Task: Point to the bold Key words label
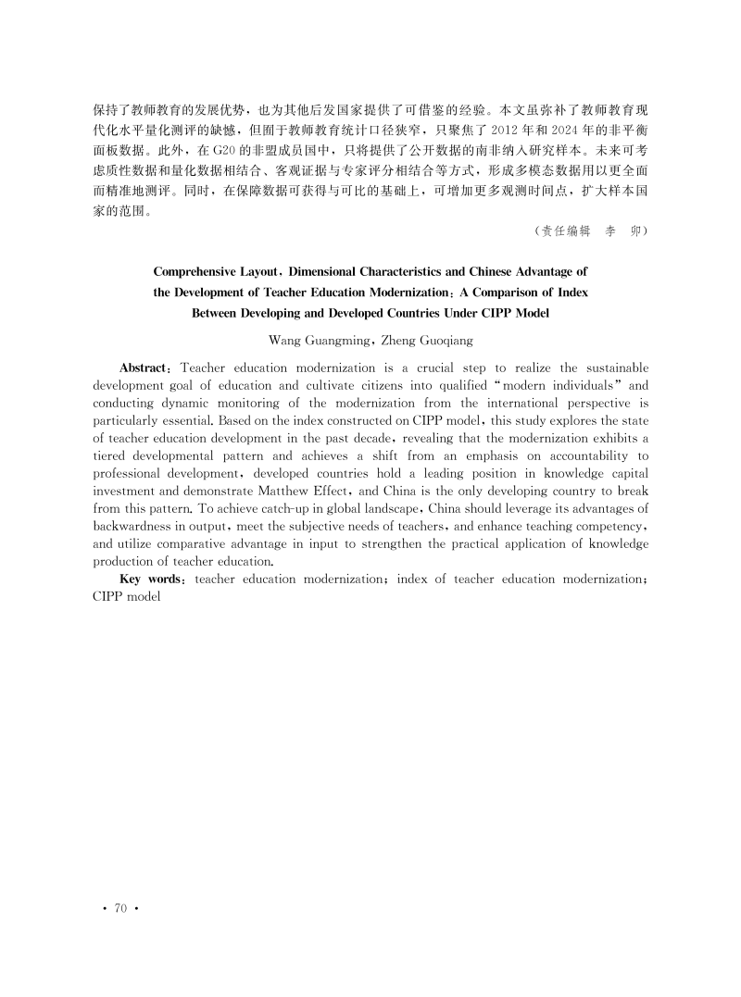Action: (x=154, y=580)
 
